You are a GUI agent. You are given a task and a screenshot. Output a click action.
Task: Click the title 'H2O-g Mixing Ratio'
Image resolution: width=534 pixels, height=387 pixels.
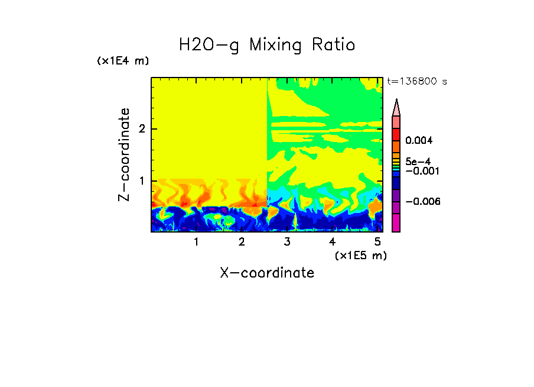(267, 45)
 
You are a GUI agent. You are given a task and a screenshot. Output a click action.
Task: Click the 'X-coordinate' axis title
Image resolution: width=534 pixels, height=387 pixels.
(267, 273)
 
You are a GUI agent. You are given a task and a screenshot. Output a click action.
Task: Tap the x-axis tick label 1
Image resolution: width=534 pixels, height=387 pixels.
(196, 242)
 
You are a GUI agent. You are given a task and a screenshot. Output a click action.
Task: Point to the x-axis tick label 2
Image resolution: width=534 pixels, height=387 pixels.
(242, 242)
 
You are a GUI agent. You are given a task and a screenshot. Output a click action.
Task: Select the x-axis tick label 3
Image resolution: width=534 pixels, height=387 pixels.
(287, 242)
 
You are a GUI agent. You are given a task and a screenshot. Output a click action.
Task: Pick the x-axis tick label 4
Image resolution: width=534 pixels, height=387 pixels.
(332, 242)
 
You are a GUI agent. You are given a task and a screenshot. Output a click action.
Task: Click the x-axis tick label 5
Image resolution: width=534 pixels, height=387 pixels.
(377, 242)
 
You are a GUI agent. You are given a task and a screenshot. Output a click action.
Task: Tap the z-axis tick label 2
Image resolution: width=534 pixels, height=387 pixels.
(141, 129)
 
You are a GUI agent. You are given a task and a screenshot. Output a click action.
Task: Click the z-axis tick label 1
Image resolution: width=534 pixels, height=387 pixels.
(141, 180)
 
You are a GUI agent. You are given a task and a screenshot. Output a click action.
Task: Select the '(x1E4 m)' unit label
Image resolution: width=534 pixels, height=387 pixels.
(123, 61)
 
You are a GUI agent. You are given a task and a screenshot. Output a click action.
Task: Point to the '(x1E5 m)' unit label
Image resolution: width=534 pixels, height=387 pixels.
(361, 255)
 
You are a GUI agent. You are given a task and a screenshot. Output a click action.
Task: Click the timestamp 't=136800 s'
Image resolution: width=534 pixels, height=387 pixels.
(416, 82)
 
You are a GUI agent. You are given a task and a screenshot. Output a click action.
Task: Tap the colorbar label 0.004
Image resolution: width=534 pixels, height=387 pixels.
(419, 141)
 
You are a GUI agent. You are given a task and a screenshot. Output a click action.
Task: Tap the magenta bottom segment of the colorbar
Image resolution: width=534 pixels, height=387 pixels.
(396, 222)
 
